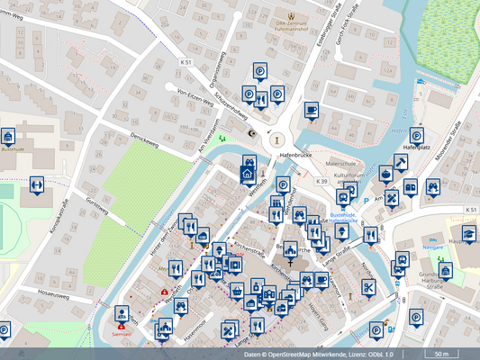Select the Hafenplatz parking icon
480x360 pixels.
(x=416, y=135)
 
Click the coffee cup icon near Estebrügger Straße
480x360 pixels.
(x=311, y=110)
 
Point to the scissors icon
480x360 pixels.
(x=369, y=287)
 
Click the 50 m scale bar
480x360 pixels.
(x=440, y=354)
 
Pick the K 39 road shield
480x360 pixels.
(x=322, y=181)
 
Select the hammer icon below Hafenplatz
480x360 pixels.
(x=400, y=162)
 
